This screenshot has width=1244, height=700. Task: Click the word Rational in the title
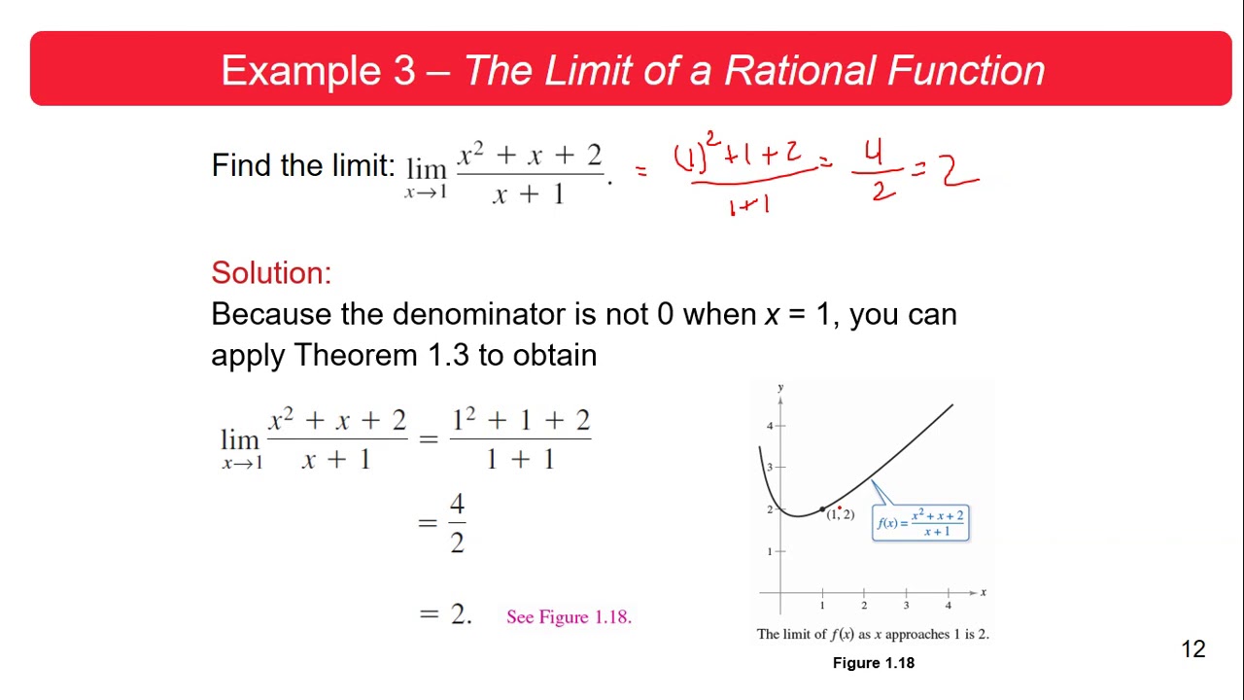(799, 71)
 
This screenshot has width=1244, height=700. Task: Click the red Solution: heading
(271, 272)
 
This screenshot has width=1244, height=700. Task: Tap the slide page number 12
(1193, 649)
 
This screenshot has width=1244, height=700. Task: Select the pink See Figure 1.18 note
(569, 616)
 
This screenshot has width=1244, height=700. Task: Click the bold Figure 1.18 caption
(873, 663)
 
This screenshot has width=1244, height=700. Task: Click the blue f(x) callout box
(920, 522)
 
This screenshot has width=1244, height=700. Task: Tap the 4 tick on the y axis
(770, 426)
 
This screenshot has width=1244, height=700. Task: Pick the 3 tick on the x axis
(906, 605)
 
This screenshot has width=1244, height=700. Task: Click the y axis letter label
(779, 387)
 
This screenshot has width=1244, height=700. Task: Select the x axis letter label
(984, 592)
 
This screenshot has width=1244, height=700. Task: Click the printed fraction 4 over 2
(457, 523)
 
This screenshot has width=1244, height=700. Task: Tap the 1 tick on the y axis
(770, 551)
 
